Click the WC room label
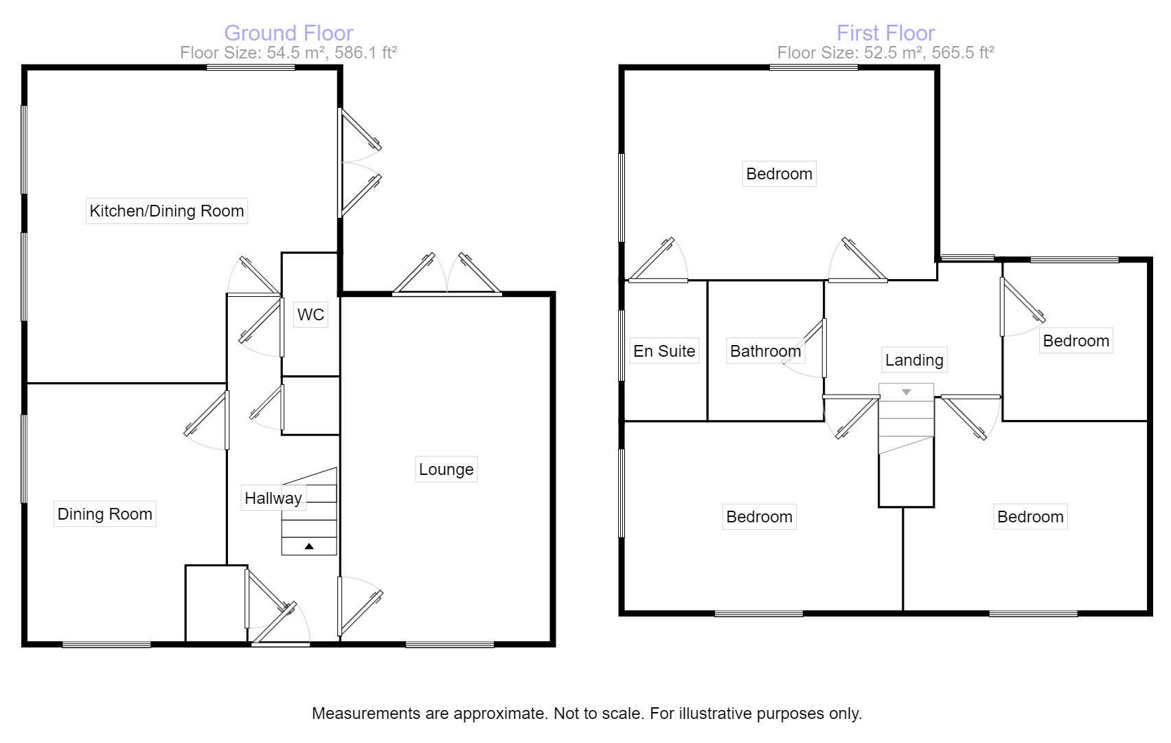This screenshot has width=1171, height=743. (310, 315)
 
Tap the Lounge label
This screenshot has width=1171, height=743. (446, 469)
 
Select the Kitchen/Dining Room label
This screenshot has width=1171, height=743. (167, 211)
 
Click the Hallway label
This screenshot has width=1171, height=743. (273, 498)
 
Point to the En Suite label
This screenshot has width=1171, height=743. (664, 351)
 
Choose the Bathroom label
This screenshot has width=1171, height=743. (765, 351)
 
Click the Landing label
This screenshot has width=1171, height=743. (913, 360)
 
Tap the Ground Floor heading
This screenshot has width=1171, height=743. (288, 33)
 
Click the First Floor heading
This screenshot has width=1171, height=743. (885, 33)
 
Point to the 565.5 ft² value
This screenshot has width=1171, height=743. (964, 53)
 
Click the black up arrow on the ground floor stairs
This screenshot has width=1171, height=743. (309, 546)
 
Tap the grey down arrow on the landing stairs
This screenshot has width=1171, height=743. (906, 392)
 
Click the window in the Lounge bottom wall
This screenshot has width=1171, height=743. (450, 644)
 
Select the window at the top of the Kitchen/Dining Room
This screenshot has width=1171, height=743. (251, 67)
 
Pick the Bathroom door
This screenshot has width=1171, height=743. (823, 348)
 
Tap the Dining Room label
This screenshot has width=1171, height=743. (104, 514)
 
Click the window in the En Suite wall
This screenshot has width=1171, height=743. (622, 345)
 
